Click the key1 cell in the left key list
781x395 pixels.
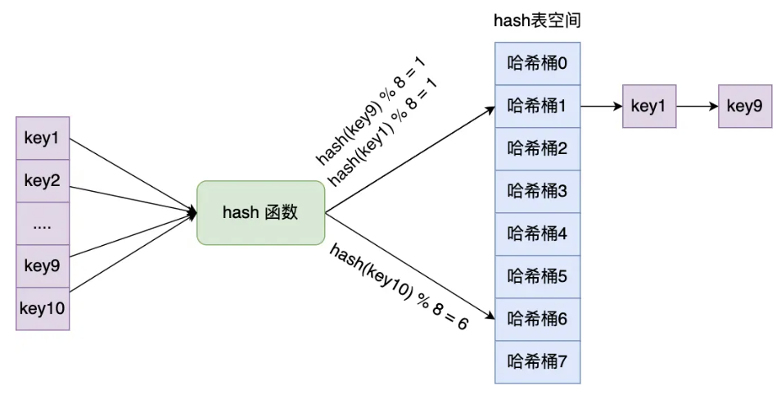click(x=43, y=138)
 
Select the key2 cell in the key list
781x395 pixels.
click(x=43, y=181)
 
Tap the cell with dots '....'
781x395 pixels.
click(x=43, y=224)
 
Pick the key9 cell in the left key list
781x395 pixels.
click(x=43, y=266)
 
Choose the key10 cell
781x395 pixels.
click(x=43, y=309)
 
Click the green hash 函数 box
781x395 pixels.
click(x=260, y=212)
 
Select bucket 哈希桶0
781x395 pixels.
click(x=537, y=64)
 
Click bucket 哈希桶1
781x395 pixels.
click(x=537, y=107)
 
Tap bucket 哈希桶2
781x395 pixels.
click(x=537, y=149)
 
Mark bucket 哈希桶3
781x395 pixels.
click(x=537, y=192)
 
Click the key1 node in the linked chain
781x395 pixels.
click(x=649, y=107)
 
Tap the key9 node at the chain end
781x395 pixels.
click(x=745, y=107)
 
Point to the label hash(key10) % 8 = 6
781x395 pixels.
click(x=399, y=287)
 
